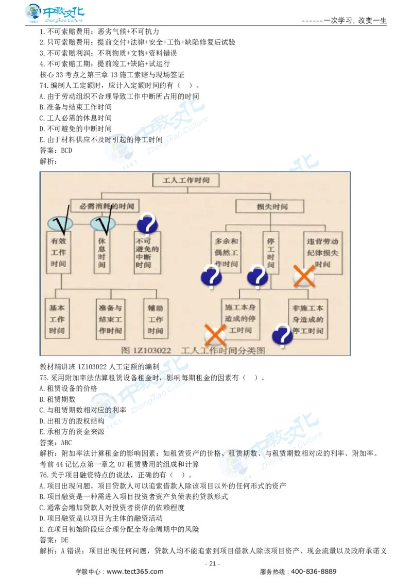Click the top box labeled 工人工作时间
coord(186,180)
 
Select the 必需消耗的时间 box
coord(105,206)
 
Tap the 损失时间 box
coord(270,206)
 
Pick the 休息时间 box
coord(101,252)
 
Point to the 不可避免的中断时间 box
coord(147,252)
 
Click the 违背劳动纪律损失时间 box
coord(323,252)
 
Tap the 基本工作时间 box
coord(57,318)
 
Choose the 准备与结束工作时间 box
coord(110,318)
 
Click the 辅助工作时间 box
coord(155,318)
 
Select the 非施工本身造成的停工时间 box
coord(308,318)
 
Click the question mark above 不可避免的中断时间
coord(147,223)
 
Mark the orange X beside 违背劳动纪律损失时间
coord(304,277)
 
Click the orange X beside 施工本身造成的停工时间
coord(215,335)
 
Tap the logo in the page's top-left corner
coord(55,14)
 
